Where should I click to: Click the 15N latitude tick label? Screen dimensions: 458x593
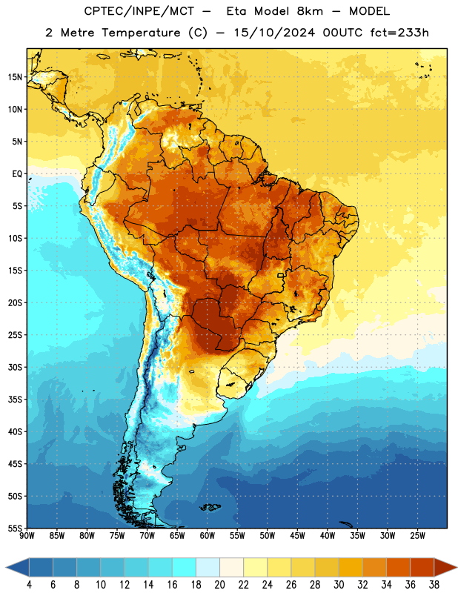point(15,77)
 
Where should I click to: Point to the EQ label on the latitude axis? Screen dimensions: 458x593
point(17,174)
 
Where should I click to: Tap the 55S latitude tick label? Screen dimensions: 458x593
point(15,528)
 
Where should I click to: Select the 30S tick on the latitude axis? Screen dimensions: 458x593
point(15,367)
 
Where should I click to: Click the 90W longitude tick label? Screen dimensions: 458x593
point(27,535)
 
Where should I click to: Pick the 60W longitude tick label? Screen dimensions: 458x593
point(208,535)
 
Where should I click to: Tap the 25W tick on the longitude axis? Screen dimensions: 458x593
point(417,535)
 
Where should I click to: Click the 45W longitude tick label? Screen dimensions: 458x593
point(297,535)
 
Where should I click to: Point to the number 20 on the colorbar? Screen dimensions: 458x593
point(219,585)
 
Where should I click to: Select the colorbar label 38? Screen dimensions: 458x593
point(434,585)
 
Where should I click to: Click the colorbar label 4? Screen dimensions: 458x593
point(29,585)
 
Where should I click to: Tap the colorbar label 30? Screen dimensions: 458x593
point(339,585)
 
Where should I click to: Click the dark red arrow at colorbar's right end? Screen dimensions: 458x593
point(445,567)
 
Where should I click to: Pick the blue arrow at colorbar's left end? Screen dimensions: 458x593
point(17,567)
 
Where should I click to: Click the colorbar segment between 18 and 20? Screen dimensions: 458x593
point(208,567)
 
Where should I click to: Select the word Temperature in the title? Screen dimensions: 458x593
point(141,33)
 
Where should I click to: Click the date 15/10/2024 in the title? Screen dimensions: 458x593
point(274,33)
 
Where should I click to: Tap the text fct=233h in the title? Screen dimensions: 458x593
point(399,33)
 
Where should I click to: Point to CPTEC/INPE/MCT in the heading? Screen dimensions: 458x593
point(139,11)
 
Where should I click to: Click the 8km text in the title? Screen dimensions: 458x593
point(310,11)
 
